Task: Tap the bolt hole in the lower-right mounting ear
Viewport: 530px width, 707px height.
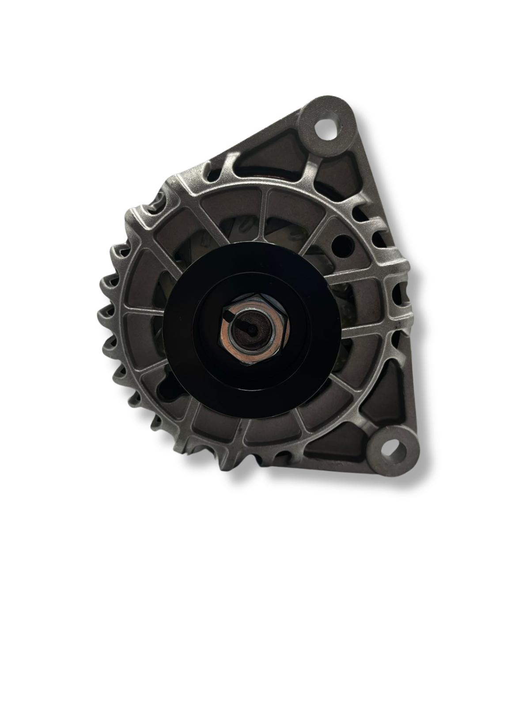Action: pyautogui.click(x=394, y=450)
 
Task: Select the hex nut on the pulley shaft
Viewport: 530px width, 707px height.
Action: pyautogui.click(x=253, y=327)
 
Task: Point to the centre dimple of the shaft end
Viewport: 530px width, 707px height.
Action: pyautogui.click(x=250, y=327)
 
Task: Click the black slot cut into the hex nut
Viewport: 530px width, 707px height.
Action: pyautogui.click(x=228, y=315)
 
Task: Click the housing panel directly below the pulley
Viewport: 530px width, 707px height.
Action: pyautogui.click(x=269, y=431)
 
